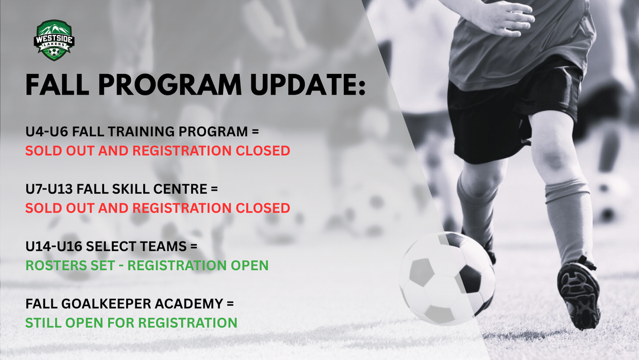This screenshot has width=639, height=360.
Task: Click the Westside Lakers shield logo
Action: [x=54, y=40]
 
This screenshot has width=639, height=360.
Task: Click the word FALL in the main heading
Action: [x=57, y=85]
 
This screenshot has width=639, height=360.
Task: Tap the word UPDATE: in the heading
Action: [x=308, y=85]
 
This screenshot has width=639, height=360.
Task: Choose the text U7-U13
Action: [x=49, y=189]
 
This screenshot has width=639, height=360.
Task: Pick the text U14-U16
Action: [x=53, y=247]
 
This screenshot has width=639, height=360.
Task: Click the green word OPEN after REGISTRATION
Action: [x=250, y=265]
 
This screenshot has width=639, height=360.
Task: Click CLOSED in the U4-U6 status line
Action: [x=263, y=151]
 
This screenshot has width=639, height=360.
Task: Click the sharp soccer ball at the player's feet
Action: [x=447, y=278]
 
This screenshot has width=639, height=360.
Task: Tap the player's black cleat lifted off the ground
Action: [x=578, y=294]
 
